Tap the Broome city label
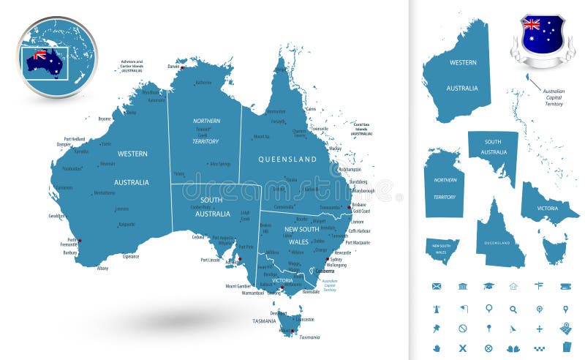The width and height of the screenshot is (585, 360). coord(104,118)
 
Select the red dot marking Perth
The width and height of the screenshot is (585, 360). coord(80,240)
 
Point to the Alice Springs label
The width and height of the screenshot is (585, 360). coord(219,164)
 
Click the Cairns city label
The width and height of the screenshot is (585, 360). coord(311,109)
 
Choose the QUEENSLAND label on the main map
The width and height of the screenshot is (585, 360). coord(288,159)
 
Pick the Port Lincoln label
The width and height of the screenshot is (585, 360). coord(211,259)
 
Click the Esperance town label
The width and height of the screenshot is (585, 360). coord(131,257)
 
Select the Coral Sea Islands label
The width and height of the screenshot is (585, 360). coord(361,130)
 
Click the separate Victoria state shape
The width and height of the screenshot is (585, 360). coord(548,204)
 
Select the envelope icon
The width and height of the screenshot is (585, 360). coord(437,286)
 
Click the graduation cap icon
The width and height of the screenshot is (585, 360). coord(488,286)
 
